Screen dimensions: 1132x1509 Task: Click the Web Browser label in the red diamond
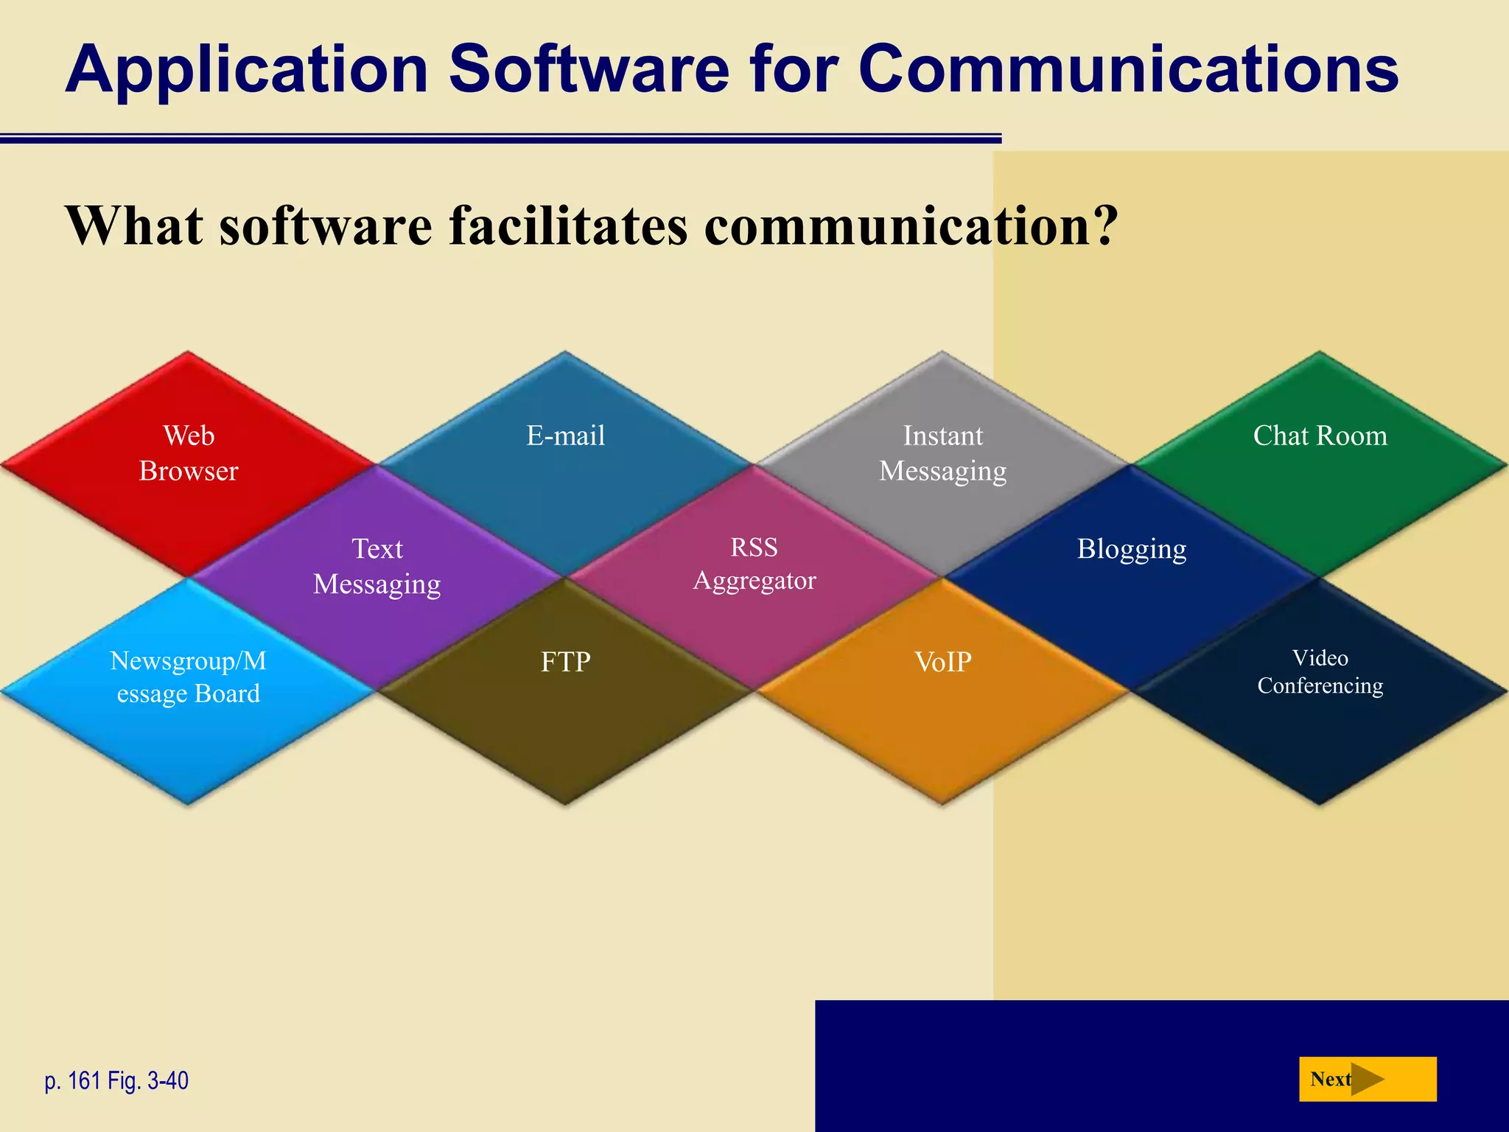pyautogui.click(x=189, y=453)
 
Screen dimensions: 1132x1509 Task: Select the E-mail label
pyautogui.click(x=565, y=436)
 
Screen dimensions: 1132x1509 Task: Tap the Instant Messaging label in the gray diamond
pyautogui.click(x=942, y=453)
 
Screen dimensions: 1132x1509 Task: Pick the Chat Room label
pyautogui.click(x=1320, y=436)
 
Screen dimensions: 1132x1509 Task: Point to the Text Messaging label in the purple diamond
pyautogui.click(x=377, y=566)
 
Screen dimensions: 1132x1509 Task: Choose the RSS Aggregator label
pyautogui.click(x=754, y=564)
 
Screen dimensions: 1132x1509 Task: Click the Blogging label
pyautogui.click(x=1132, y=549)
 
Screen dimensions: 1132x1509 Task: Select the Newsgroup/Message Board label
pyautogui.click(x=189, y=677)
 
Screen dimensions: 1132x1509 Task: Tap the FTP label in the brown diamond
pyautogui.click(x=565, y=662)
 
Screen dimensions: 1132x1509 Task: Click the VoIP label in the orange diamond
pyautogui.click(x=942, y=662)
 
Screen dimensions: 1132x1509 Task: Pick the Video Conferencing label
pyautogui.click(x=1320, y=671)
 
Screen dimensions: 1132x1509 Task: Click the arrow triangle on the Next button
pyautogui.click(x=1367, y=1079)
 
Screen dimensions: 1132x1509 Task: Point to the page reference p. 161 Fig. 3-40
pyautogui.click(x=116, y=1080)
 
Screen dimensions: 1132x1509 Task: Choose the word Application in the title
pyautogui.click(x=247, y=70)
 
